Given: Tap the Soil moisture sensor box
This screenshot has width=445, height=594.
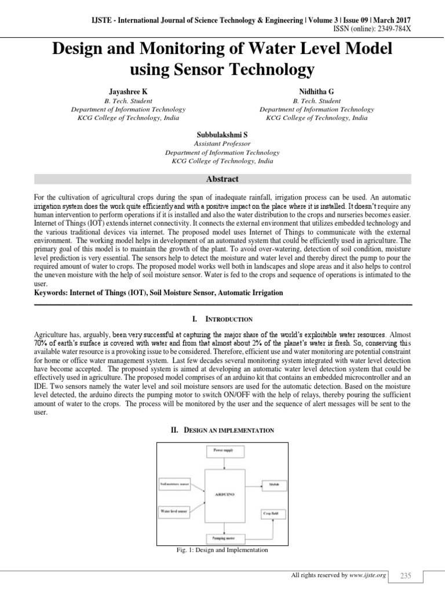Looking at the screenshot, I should [x=175, y=483].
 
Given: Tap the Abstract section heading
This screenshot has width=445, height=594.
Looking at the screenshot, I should [x=222, y=179].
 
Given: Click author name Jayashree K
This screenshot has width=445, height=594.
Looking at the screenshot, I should [x=128, y=92].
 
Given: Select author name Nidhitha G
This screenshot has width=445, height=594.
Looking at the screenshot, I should [x=316, y=92].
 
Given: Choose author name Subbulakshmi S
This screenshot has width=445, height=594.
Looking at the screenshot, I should [x=222, y=135].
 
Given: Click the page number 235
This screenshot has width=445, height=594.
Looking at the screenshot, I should [x=404, y=575].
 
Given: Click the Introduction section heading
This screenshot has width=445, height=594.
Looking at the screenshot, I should [x=222, y=319].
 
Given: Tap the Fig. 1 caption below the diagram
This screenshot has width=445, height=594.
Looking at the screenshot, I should [x=222, y=550].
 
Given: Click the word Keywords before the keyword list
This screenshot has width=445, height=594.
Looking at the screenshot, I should [x=51, y=293].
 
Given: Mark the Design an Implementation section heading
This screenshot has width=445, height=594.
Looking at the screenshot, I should [x=222, y=430].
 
